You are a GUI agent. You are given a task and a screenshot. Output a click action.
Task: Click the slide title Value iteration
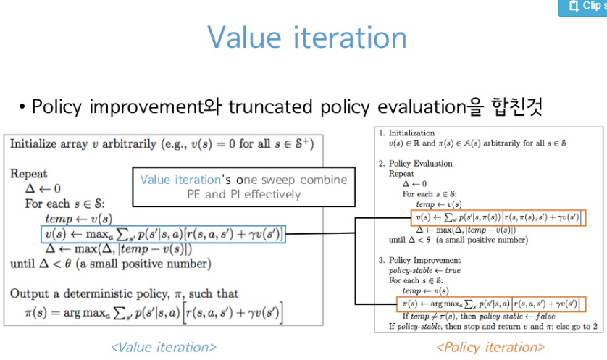[x=307, y=37]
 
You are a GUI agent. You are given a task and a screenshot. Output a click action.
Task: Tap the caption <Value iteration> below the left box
[x=163, y=347]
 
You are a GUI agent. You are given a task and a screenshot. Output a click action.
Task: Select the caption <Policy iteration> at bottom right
[x=490, y=347]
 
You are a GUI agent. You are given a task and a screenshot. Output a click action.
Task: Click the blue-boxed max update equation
[x=163, y=234]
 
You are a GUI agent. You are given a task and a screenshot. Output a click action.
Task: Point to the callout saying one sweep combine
[x=243, y=186]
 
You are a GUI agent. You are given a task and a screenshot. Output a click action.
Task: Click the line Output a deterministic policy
[x=124, y=294]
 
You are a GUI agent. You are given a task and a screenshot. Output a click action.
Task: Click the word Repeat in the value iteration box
[x=29, y=174]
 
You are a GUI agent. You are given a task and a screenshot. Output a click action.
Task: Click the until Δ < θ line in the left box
[x=110, y=264]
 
